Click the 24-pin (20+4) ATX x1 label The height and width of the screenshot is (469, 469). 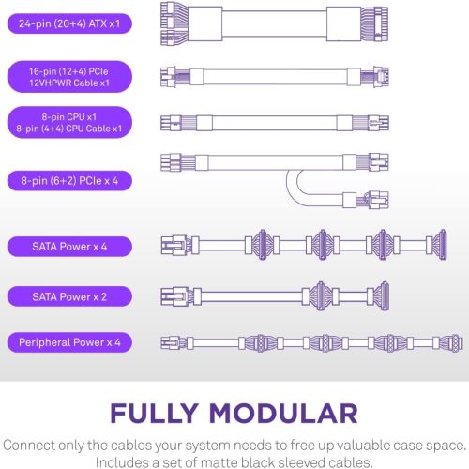pyautogui.click(x=69, y=23)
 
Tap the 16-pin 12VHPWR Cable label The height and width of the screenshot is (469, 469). pyautogui.click(x=69, y=77)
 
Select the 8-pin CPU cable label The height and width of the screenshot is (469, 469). pyautogui.click(x=69, y=123)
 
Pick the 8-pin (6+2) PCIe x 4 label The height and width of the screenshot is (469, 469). pyautogui.click(x=69, y=181)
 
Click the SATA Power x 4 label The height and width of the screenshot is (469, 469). pyautogui.click(x=69, y=247)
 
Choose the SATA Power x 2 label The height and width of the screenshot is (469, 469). pyautogui.click(x=69, y=296)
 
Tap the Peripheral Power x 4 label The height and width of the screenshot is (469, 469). pyautogui.click(x=69, y=342)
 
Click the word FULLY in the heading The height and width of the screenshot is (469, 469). pyautogui.click(x=154, y=414)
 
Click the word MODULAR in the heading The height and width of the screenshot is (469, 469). pyautogui.click(x=283, y=414)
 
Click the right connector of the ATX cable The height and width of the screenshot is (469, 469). pyautogui.click(x=374, y=23)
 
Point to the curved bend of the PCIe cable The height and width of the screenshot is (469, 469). pyautogui.click(x=294, y=188)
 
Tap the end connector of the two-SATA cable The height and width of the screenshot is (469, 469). pyautogui.click(x=383, y=295)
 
